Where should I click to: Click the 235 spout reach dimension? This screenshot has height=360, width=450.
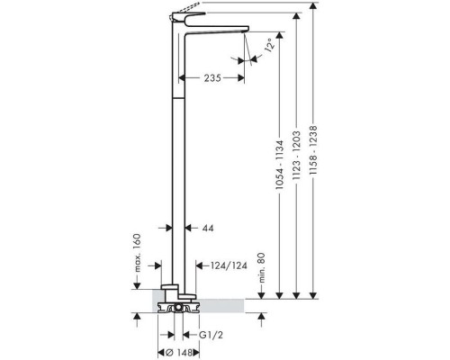(212, 78)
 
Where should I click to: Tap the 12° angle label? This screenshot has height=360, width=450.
(269, 45)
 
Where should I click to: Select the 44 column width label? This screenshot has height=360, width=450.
(208, 229)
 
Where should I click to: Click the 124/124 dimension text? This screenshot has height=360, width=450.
(229, 265)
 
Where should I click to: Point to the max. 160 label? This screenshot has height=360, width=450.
(137, 253)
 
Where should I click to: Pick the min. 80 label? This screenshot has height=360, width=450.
(262, 267)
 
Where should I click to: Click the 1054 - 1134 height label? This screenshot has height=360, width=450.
(279, 165)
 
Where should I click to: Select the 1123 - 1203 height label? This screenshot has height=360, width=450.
(296, 155)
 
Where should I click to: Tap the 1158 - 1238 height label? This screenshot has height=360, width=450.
(313, 150)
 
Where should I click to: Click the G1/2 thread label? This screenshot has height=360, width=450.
(211, 335)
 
